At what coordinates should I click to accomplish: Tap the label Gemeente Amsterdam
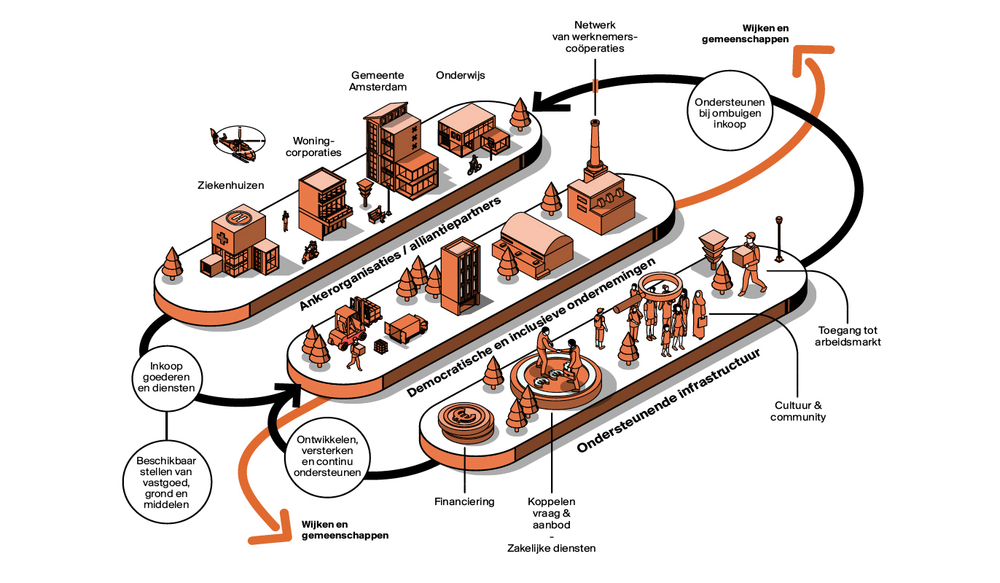point(378,80)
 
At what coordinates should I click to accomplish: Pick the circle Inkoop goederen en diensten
point(167,377)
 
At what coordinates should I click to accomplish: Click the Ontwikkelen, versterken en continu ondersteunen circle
point(327,457)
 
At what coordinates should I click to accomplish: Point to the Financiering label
point(464,501)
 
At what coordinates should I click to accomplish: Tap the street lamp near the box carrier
point(779,238)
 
